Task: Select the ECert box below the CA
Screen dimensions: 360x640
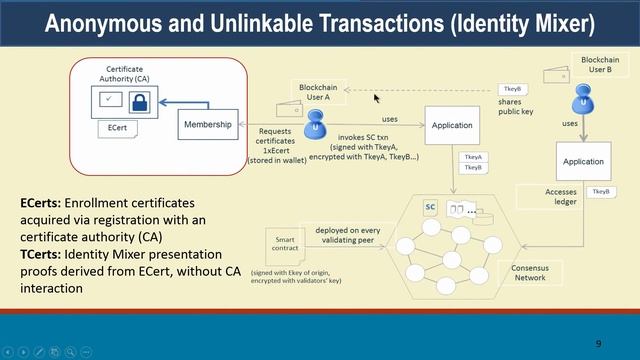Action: (117, 129)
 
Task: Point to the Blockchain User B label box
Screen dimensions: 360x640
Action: (599, 66)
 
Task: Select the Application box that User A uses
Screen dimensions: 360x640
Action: (452, 126)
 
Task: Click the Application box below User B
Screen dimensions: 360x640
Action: (583, 161)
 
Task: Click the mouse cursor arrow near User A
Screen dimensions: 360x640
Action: (376, 97)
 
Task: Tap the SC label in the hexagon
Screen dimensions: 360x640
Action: (431, 207)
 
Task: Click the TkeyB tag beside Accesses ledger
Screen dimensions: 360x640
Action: (601, 191)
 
